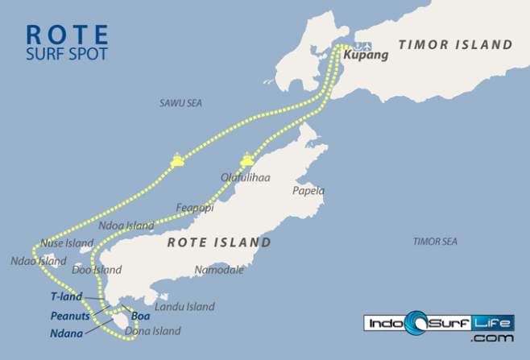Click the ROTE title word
pyautogui.click(x=68, y=35)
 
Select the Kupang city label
pyautogui.click(x=366, y=56)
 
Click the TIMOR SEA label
pyautogui.click(x=434, y=242)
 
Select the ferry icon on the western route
pyautogui.click(x=177, y=161)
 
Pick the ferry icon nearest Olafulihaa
pyautogui.click(x=247, y=159)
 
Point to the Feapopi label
pyautogui.click(x=194, y=208)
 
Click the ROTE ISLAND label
pyautogui.click(x=218, y=242)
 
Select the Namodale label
pyautogui.click(x=218, y=271)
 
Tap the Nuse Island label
pyautogui.click(x=68, y=242)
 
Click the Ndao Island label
pyautogui.click(x=38, y=261)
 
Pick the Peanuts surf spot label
pyautogui.click(x=68, y=315)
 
